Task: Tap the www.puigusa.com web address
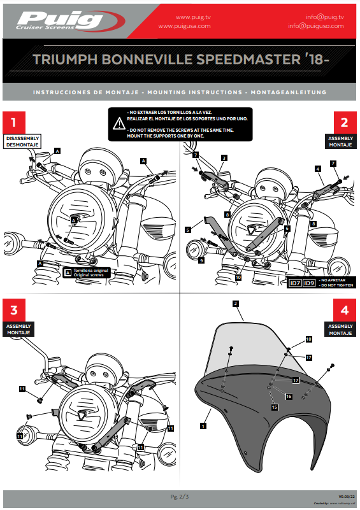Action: pyautogui.click(x=184, y=26)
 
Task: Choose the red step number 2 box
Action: pyautogui.click(x=345, y=122)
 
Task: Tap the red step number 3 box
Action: pyautogui.click(x=15, y=310)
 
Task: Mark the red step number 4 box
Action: pyautogui.click(x=345, y=310)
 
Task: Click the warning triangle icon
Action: pyautogui.click(x=119, y=124)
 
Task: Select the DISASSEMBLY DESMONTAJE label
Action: pyautogui.click(x=23, y=141)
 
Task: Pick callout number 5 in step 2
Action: pyautogui.click(x=188, y=229)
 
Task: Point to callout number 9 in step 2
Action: pyautogui.click(x=201, y=260)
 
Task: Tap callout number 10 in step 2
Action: pyautogui.click(x=238, y=278)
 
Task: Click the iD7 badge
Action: pyautogui.click(x=295, y=283)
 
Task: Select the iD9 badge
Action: pyautogui.click(x=309, y=283)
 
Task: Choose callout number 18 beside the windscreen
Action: pyautogui.click(x=308, y=339)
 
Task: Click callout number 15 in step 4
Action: pyautogui.click(x=275, y=406)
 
